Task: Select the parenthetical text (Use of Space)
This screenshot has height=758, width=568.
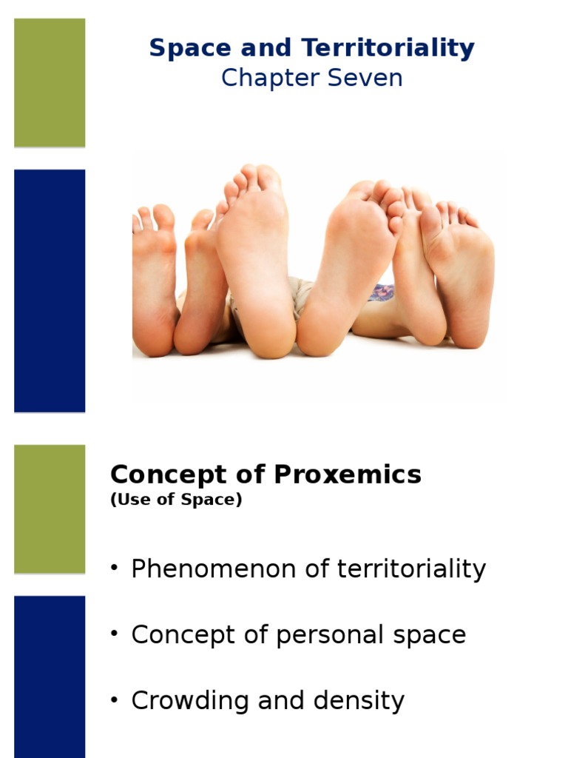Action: (176, 500)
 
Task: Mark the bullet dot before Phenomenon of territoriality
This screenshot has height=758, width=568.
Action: (115, 568)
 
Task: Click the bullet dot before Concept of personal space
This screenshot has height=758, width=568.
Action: (115, 634)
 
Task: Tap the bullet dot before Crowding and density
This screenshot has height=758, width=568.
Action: (115, 700)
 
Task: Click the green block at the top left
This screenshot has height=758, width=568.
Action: (50, 82)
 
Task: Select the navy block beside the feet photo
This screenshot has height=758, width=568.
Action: (50, 290)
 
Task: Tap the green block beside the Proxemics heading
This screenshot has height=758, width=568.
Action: (50, 509)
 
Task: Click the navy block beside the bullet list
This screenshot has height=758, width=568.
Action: (50, 676)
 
